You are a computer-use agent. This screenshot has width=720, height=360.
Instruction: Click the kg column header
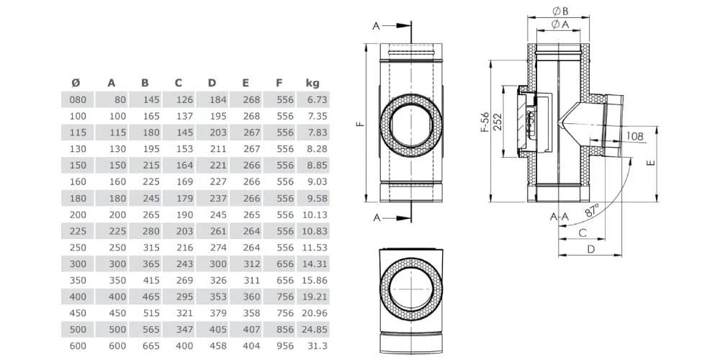point(312,82)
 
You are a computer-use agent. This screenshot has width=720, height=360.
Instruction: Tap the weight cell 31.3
point(318,346)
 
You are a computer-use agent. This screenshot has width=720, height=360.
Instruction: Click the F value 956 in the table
point(284,346)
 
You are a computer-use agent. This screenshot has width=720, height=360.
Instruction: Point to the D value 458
point(217,346)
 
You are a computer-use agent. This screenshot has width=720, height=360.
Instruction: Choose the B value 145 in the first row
point(150,99)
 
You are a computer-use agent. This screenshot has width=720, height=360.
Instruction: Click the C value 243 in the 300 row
point(184,264)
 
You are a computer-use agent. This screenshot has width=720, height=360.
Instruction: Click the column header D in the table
point(212,82)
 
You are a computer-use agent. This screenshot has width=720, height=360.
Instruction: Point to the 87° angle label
point(592,210)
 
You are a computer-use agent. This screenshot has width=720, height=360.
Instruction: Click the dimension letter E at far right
point(650,163)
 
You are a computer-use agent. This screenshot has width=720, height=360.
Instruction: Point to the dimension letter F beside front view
point(358,124)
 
